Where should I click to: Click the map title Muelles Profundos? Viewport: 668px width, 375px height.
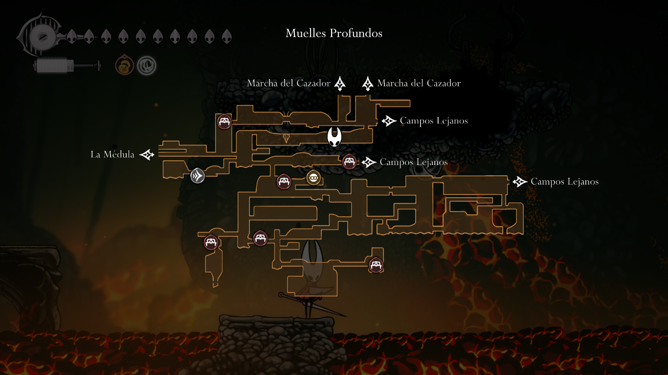(x=334, y=33)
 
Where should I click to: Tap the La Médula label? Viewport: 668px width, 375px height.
(x=112, y=155)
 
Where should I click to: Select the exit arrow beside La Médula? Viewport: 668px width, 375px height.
(x=147, y=155)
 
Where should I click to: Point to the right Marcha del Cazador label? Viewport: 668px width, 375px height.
(x=419, y=83)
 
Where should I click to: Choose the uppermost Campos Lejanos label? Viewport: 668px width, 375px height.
(x=434, y=121)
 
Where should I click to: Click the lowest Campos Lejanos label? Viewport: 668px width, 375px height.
(x=564, y=182)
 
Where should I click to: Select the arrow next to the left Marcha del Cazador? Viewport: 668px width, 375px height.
(x=340, y=84)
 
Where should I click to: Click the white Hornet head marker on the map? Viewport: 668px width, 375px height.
(x=334, y=136)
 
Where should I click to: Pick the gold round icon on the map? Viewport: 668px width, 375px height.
(x=313, y=178)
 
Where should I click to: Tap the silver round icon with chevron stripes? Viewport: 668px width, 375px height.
(x=198, y=175)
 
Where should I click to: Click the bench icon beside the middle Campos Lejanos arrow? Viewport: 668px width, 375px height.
(x=349, y=161)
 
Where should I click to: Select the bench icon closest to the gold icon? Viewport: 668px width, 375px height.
(x=284, y=182)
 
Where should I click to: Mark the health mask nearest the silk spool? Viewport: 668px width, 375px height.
(x=71, y=36)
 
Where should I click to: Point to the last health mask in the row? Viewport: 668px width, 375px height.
(x=226, y=36)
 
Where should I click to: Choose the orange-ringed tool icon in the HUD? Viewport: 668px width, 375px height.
(x=124, y=65)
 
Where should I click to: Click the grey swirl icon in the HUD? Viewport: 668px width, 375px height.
(x=146, y=65)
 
